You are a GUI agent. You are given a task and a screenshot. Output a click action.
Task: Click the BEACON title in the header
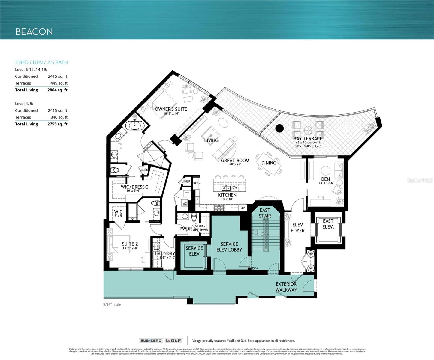[x=34, y=31]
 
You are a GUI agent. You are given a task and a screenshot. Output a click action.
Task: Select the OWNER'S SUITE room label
[x=171, y=109]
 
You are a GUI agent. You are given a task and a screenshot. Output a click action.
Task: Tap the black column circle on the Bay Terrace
[x=279, y=128]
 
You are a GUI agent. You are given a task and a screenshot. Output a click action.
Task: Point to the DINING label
[x=269, y=163]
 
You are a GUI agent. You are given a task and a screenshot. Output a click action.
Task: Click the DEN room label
[x=325, y=179]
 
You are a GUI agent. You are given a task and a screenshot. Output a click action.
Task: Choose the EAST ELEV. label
[x=328, y=224]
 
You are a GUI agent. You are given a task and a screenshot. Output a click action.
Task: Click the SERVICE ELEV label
[x=194, y=251]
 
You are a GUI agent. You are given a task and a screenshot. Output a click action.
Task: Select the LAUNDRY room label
[x=165, y=253]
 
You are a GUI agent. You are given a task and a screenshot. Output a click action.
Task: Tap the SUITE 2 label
[x=130, y=244]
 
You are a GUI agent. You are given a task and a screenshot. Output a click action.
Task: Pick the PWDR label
[x=185, y=229]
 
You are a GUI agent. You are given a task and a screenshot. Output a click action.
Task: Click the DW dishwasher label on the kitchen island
[x=235, y=188]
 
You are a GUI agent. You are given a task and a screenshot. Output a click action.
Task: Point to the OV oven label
[x=243, y=208]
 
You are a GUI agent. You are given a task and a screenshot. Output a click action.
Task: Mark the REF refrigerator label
[x=196, y=183]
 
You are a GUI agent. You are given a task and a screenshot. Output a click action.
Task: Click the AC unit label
[x=185, y=204]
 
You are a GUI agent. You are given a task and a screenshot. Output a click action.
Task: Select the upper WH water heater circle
[x=311, y=254]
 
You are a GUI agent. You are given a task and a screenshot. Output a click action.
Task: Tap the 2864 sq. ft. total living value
[x=58, y=90]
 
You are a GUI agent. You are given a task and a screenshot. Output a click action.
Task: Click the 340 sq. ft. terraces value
[x=59, y=117]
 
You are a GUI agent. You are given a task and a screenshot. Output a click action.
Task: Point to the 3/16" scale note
[x=112, y=305]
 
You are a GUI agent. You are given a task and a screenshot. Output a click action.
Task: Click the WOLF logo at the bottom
[x=174, y=340]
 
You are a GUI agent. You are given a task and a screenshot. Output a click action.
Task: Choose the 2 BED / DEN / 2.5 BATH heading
[x=41, y=62]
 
